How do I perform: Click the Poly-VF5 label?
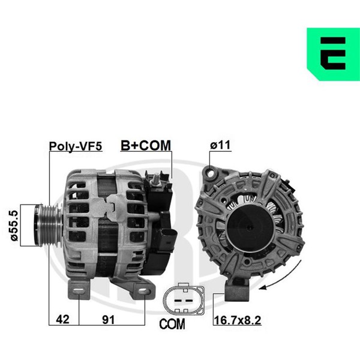[76, 146]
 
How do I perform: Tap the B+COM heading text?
[146, 145]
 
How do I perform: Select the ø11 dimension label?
[220, 145]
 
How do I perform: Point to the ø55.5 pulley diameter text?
[14, 225]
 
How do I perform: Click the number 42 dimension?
[62, 319]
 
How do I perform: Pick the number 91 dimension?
[108, 319]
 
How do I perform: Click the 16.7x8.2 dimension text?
[238, 320]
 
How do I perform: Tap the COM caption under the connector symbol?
[172, 324]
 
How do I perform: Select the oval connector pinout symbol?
[184, 299]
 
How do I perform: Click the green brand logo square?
[334, 54]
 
